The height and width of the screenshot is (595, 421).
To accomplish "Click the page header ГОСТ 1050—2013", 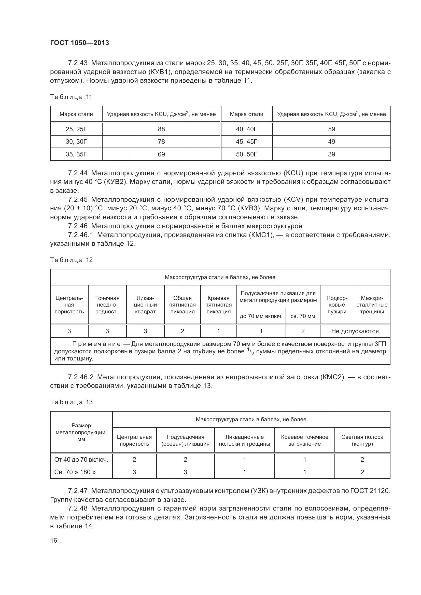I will click(x=79, y=43).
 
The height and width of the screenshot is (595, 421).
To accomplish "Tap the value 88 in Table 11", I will click(x=161, y=129).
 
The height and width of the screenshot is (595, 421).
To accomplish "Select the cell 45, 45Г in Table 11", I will click(x=246, y=141).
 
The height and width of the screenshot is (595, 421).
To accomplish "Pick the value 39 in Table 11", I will click(x=331, y=154).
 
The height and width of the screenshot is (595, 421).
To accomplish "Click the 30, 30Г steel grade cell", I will click(x=76, y=141).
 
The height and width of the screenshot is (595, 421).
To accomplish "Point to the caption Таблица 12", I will click(x=71, y=260).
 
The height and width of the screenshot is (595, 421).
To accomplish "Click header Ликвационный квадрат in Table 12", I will click(x=145, y=305).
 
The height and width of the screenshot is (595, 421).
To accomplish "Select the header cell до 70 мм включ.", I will click(x=261, y=316).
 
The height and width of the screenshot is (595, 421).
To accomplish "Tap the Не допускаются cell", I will click(x=355, y=331).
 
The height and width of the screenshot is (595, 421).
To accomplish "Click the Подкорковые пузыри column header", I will click(x=337, y=305).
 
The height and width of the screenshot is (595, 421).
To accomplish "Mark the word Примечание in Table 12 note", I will click(x=96, y=344).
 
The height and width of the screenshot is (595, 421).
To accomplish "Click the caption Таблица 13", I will click(x=71, y=402).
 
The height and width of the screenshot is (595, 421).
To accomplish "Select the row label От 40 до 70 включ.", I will click(x=81, y=459).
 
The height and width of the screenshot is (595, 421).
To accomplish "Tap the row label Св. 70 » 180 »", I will click(x=75, y=472).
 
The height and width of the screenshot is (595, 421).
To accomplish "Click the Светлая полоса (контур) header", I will click(x=362, y=440).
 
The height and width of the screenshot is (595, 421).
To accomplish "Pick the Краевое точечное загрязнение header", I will click(x=304, y=440).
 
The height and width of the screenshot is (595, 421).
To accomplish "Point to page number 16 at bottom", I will click(x=54, y=540).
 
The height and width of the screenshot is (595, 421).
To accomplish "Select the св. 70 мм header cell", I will click(x=303, y=316).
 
